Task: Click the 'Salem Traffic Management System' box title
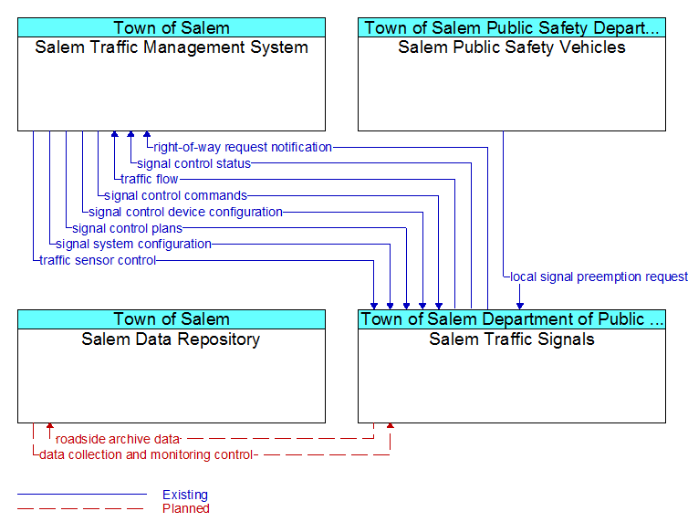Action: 172,47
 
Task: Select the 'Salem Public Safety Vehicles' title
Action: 512,47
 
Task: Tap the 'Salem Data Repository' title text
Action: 171,339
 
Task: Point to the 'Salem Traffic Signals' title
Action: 512,339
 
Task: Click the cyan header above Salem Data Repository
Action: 172,319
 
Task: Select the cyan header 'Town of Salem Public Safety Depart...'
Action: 512,27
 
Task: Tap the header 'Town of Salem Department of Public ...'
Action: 512,319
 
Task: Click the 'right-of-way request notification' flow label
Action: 243,147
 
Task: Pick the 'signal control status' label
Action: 194,163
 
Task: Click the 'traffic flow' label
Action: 149,179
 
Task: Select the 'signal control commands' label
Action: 175,195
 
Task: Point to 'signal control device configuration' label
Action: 185,212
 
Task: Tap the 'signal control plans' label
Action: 127,228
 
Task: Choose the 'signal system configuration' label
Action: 133,244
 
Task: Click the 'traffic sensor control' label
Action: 98,260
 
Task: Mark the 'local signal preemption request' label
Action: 599,276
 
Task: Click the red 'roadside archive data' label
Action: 118,439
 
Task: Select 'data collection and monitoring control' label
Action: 146,454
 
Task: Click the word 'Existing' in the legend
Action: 185,495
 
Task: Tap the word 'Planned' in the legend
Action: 186,508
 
